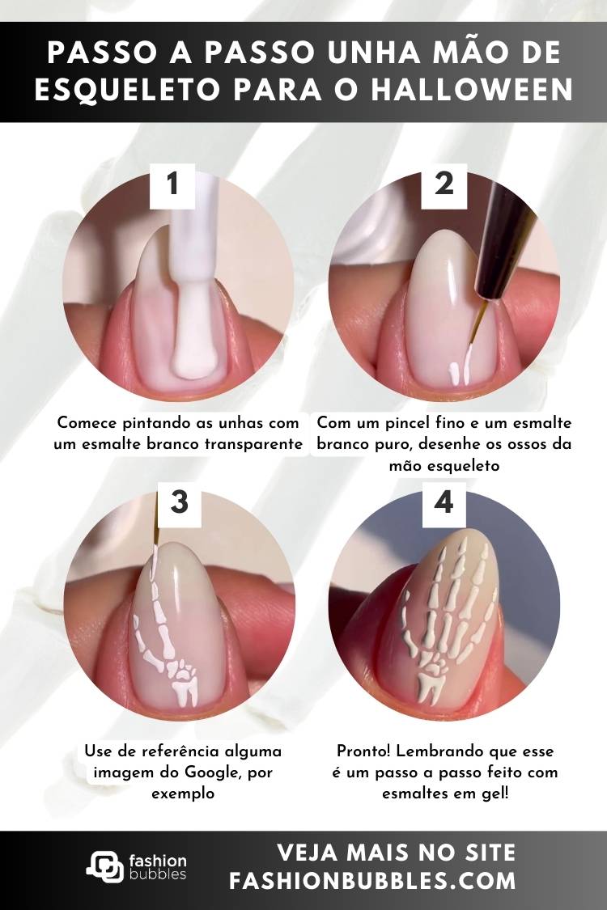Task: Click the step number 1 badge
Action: pyautogui.click(x=172, y=184)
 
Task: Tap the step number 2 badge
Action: pyautogui.click(x=444, y=184)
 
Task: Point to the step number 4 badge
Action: pyautogui.click(x=444, y=502)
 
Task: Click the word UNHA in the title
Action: pyautogui.click(x=372, y=53)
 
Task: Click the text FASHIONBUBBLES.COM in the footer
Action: pyautogui.click(x=372, y=881)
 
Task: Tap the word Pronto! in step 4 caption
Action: pyautogui.click(x=365, y=751)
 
